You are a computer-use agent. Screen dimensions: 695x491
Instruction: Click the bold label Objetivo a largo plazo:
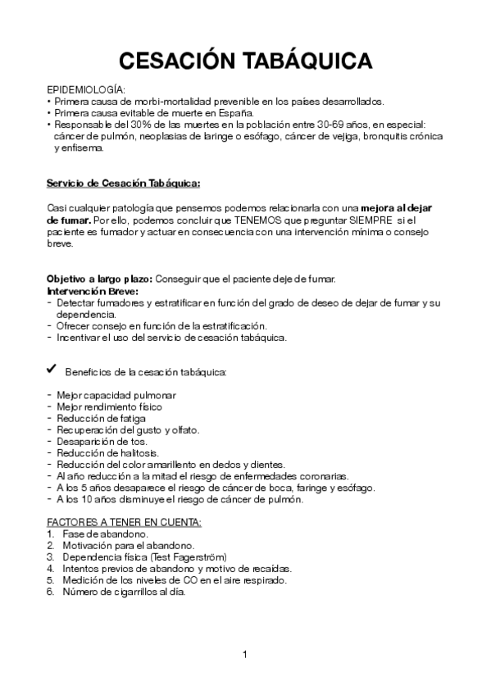click(99, 279)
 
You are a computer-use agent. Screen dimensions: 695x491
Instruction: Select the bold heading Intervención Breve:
click(93, 291)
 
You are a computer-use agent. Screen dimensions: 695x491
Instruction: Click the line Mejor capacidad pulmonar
click(116, 395)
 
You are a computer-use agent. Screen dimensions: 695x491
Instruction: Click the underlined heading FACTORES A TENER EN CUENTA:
click(124, 522)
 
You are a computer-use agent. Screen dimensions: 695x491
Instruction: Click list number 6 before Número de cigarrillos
click(51, 591)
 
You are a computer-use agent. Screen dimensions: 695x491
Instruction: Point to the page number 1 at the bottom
click(245, 654)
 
